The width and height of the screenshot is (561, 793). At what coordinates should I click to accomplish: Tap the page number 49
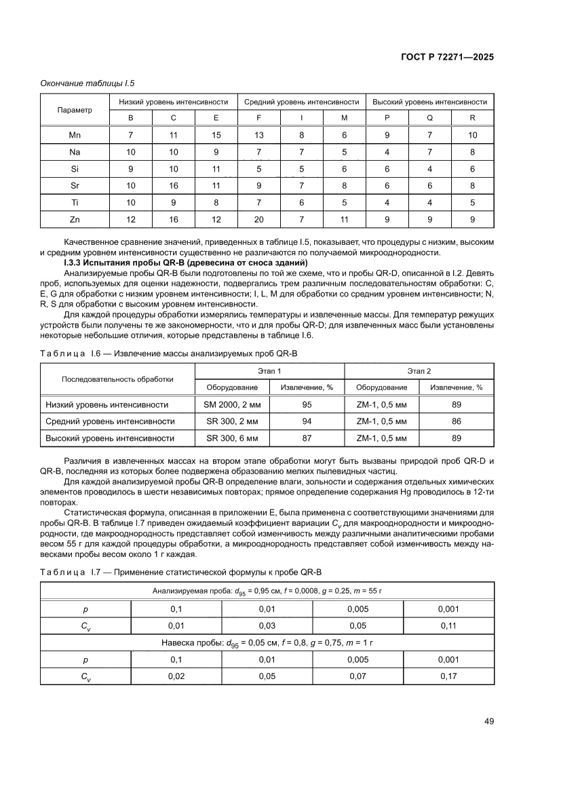tap(488, 721)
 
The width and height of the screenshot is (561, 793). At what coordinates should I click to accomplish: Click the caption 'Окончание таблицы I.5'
tap(88, 83)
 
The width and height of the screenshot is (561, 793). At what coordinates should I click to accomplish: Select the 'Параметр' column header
tap(75, 109)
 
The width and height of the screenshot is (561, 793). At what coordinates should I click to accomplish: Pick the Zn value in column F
tap(258, 219)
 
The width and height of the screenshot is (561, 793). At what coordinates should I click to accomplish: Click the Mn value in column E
tap(216, 135)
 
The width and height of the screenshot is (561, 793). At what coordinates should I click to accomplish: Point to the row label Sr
tap(75, 185)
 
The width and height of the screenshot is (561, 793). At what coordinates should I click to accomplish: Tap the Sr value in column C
tap(174, 185)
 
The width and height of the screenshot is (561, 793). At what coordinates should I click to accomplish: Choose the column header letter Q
tap(429, 117)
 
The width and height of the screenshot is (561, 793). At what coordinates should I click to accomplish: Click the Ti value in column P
tap(387, 202)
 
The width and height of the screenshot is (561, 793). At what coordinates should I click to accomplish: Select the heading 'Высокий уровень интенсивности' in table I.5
tap(429, 102)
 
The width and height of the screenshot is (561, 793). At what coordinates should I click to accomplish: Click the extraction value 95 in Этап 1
tap(307, 404)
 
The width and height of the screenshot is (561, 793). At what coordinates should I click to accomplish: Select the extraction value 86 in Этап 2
tap(456, 421)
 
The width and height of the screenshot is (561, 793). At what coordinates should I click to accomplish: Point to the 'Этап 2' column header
tap(419, 371)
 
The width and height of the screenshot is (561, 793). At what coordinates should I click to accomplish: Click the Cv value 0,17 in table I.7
tap(448, 676)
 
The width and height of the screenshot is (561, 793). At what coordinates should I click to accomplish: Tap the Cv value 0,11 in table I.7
tap(448, 625)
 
